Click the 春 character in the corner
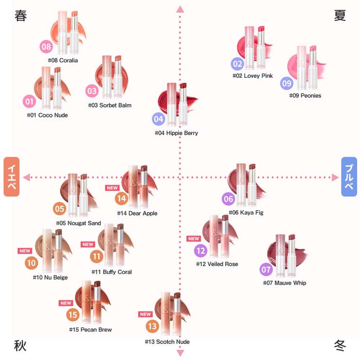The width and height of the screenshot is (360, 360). (20, 16)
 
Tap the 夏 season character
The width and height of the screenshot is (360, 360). (340, 16)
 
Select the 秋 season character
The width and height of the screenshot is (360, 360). (20, 346)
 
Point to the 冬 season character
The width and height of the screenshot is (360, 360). (340, 346)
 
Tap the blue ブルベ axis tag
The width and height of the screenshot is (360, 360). (349, 177)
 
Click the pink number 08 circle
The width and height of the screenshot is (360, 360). (46, 47)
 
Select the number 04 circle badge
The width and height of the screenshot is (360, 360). (159, 119)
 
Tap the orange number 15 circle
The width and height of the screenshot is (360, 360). (73, 315)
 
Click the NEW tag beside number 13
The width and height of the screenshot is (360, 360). (145, 314)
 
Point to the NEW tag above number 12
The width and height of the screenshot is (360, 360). (194, 238)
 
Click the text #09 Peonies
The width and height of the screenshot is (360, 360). (305, 96)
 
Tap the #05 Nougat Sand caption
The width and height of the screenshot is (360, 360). (78, 223)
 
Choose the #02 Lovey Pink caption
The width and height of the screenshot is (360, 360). (252, 76)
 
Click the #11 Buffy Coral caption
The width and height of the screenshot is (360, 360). (111, 272)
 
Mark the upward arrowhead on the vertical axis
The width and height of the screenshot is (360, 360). (180, 9)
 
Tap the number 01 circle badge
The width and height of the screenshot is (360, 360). (30, 101)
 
